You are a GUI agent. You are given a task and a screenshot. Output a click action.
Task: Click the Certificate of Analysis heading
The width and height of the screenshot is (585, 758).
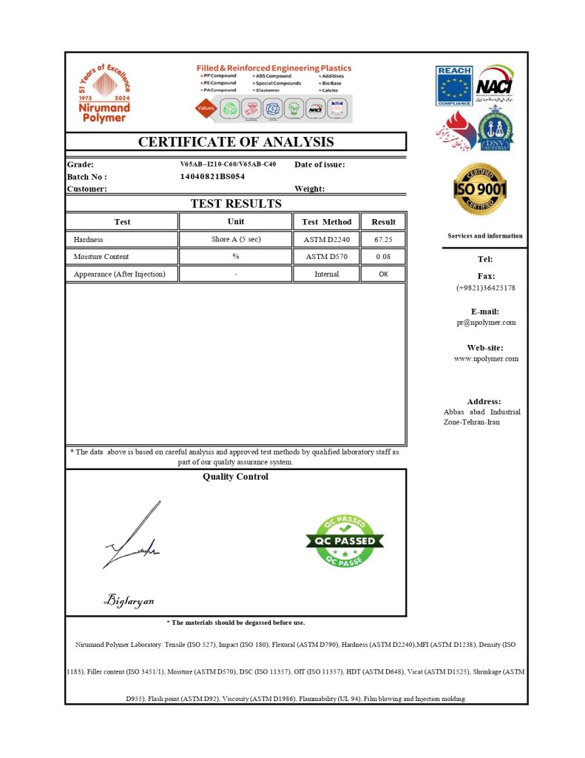pyautogui.click(x=236, y=142)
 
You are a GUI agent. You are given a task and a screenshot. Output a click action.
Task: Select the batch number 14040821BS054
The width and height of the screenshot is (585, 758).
pyautogui.click(x=212, y=177)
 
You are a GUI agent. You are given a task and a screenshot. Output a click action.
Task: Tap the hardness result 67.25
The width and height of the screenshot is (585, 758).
pyautogui.click(x=383, y=240)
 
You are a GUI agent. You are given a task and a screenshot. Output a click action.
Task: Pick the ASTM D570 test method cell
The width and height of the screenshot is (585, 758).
pyautogui.click(x=326, y=257)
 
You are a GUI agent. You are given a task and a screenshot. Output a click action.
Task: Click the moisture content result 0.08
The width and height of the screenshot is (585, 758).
pyautogui.click(x=383, y=257)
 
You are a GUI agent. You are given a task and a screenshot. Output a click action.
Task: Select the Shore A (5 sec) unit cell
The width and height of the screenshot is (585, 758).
pyautogui.click(x=236, y=240)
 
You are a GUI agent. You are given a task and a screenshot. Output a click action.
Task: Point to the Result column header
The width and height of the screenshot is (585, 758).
pyautogui.click(x=383, y=221)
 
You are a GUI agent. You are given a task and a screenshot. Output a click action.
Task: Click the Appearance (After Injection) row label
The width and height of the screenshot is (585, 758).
pyautogui.click(x=119, y=274)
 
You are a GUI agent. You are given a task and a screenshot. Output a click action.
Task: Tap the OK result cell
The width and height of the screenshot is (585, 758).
pyautogui.click(x=383, y=274)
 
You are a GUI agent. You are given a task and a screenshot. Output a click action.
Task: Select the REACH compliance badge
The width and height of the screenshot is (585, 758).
pyautogui.click(x=453, y=87)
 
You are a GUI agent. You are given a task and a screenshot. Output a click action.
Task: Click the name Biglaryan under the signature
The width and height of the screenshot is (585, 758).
pyautogui.click(x=129, y=600)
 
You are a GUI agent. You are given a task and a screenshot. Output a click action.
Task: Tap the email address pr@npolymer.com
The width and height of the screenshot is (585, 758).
pyautogui.click(x=486, y=323)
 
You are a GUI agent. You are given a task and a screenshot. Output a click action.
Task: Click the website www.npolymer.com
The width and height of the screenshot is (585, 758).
pyautogui.click(x=486, y=359)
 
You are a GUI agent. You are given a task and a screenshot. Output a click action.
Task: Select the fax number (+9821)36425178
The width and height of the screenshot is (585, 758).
pyautogui.click(x=486, y=288)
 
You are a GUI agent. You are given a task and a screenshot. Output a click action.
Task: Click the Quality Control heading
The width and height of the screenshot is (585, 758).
pyautogui.click(x=235, y=477)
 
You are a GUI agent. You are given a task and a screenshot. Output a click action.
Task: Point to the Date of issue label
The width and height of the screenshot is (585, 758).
pyautogui.click(x=319, y=164)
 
